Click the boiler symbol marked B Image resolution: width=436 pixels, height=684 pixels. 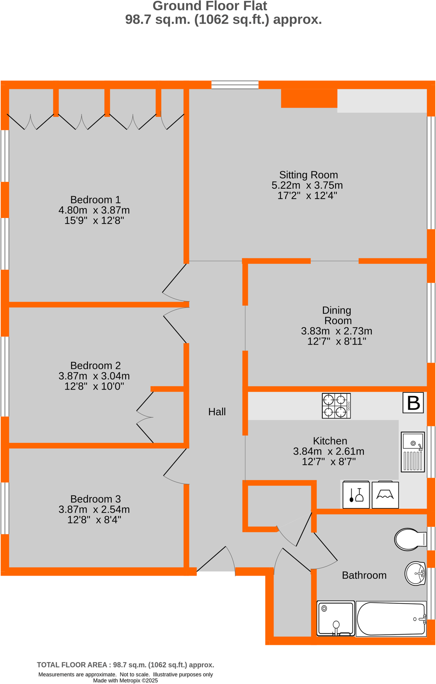[413, 403]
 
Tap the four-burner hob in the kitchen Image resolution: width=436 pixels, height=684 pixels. [336, 406]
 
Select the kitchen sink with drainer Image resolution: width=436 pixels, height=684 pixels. [412, 452]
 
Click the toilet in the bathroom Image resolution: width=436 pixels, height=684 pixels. [410, 539]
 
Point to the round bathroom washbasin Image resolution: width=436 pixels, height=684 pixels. [415, 573]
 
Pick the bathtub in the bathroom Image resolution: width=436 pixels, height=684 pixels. [391, 619]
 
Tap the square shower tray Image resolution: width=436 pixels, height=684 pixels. [336, 618]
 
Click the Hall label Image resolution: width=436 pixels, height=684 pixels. [217, 412]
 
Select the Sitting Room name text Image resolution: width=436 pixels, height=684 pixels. [308, 175]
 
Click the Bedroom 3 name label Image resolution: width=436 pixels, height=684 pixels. [95, 499]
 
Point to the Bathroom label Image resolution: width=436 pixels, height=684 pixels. [364, 575]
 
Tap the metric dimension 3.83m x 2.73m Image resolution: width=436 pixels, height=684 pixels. [336, 331]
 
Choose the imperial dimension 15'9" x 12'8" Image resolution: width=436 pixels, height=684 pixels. [94, 221]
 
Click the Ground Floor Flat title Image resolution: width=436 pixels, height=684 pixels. [210, 6]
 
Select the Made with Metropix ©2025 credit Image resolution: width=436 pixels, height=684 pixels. [125, 681]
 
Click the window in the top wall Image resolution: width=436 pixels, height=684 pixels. [235, 84]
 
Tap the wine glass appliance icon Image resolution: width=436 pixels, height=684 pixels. [356, 495]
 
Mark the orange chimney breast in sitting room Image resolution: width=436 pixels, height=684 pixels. [309, 98]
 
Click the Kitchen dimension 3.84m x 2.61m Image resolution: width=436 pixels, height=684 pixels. [328, 451]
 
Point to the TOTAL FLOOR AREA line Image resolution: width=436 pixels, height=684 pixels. [125, 665]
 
